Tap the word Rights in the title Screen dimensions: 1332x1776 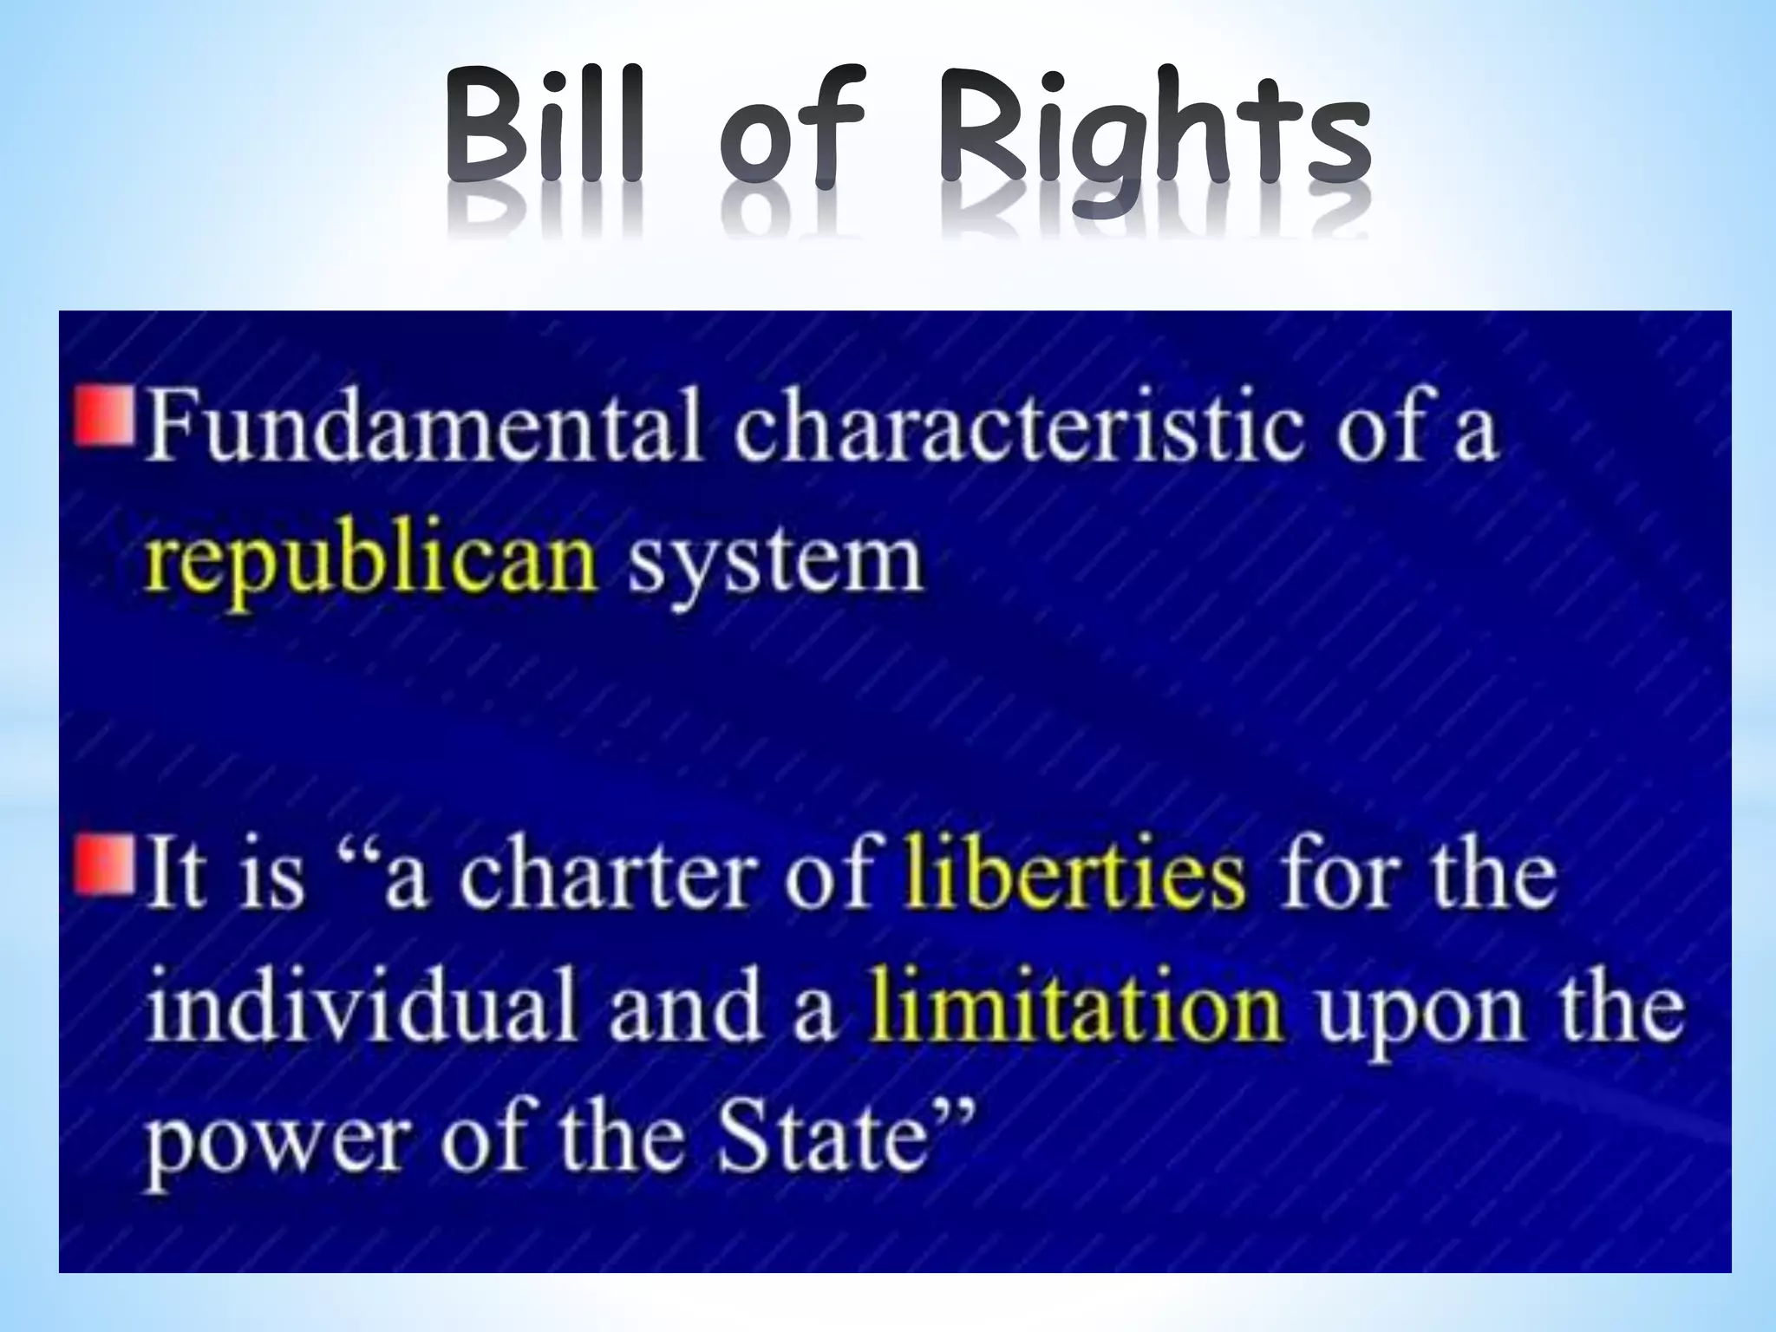pos(1153,139)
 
